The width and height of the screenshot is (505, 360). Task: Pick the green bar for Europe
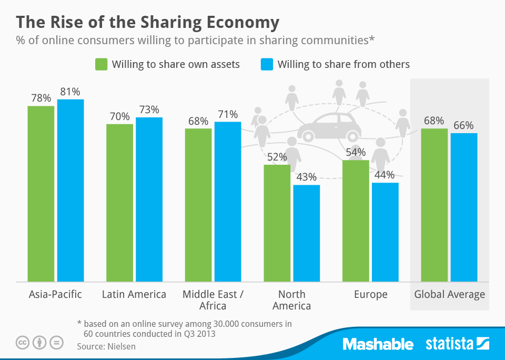click(x=356, y=221)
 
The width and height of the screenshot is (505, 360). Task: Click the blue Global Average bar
click(x=463, y=207)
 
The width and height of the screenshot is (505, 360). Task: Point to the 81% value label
click(x=70, y=92)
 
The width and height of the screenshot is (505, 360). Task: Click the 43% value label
click(x=306, y=177)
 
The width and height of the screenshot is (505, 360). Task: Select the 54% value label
click(x=356, y=153)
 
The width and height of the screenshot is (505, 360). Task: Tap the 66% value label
click(x=463, y=125)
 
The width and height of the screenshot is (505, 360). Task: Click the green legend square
click(x=101, y=64)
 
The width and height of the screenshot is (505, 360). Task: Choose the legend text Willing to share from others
click(x=344, y=64)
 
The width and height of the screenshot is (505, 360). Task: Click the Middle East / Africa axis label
click(x=213, y=300)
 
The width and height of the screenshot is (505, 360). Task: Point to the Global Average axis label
click(x=449, y=294)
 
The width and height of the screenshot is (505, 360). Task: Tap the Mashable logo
click(x=378, y=345)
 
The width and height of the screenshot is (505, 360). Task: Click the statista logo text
click(x=449, y=345)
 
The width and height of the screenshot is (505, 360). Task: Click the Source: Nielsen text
click(x=106, y=346)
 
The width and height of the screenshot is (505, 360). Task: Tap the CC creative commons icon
click(x=23, y=343)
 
